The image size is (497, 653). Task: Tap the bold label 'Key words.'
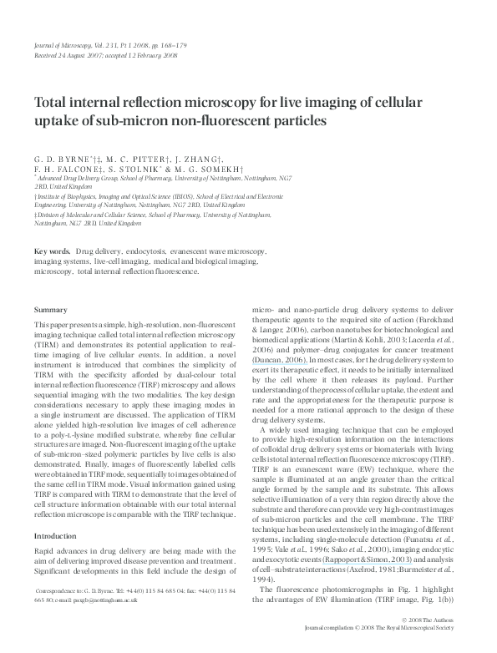click(x=53, y=251)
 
